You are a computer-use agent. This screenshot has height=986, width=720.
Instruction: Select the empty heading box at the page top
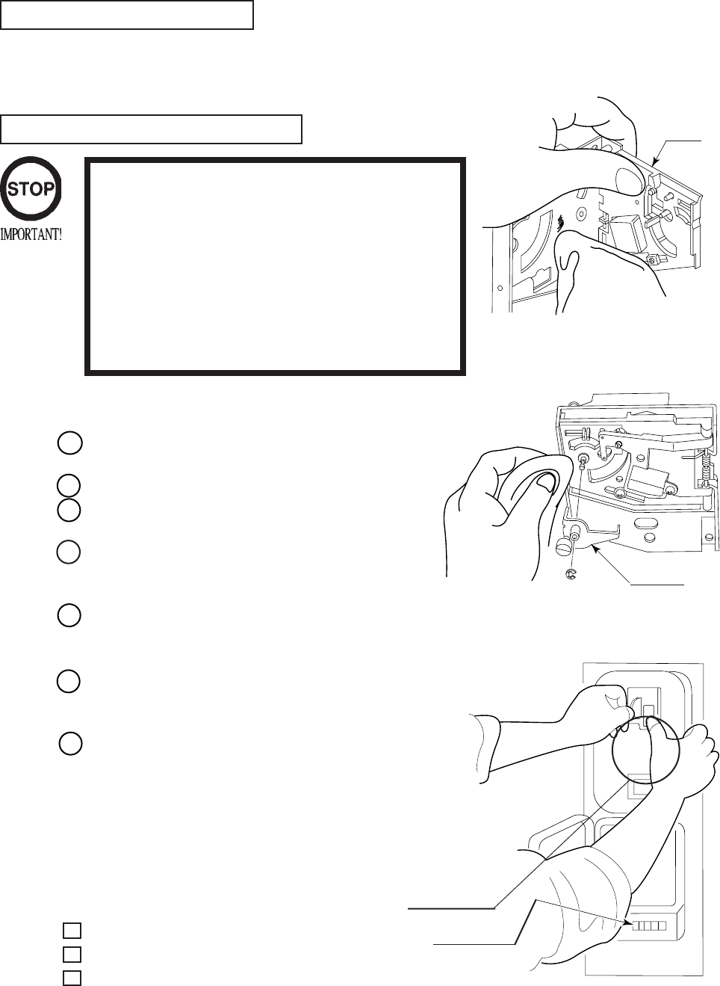coord(127,15)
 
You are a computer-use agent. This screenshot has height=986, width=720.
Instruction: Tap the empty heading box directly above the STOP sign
coord(151,129)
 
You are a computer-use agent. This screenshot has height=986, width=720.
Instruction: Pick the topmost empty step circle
coord(69,443)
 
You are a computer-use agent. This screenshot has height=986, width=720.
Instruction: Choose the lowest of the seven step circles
coord(69,745)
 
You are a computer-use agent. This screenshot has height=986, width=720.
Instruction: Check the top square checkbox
coord(72,930)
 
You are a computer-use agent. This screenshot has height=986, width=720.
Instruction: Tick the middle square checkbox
coord(72,954)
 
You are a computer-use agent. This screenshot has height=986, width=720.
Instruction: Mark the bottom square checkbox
coord(72,976)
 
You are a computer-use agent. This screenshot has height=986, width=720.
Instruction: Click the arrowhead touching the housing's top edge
coord(655,162)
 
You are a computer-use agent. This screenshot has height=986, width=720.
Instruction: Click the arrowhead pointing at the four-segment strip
coord(626,922)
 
